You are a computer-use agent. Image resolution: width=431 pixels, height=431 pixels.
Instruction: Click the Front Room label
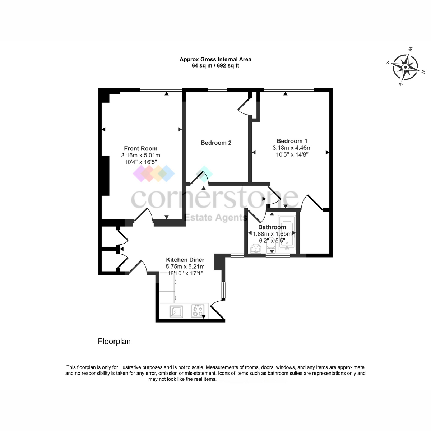pyautogui.click(x=140, y=148)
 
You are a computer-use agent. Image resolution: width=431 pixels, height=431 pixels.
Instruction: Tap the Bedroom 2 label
pyautogui.click(x=216, y=143)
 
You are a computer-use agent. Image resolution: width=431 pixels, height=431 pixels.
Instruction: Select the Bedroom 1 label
pyautogui.click(x=292, y=141)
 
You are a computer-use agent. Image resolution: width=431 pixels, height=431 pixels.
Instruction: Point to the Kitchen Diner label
pyautogui.click(x=185, y=260)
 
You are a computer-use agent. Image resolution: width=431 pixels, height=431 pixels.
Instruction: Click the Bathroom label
pyautogui.click(x=272, y=227)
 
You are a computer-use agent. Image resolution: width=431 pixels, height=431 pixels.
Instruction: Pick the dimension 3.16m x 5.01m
pyautogui.click(x=140, y=155)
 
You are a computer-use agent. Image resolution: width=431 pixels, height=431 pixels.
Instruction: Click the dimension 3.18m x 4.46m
pyautogui.click(x=292, y=148)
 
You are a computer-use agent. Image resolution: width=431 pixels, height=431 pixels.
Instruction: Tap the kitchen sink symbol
pyautogui.click(x=176, y=311)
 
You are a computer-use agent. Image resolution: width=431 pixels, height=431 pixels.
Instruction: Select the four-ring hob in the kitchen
pyautogui.click(x=198, y=311)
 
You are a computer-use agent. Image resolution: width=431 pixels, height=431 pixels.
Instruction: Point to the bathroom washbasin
pyautogui.click(x=255, y=249)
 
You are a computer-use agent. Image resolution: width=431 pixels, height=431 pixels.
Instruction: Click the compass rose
pyautogui.click(x=405, y=67)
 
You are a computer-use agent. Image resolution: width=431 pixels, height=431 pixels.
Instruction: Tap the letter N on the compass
pyautogui.click(x=423, y=72)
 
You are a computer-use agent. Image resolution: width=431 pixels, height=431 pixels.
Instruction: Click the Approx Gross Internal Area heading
pyautogui.click(x=215, y=59)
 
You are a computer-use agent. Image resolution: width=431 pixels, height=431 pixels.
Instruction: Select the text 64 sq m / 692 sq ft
pyautogui.click(x=215, y=65)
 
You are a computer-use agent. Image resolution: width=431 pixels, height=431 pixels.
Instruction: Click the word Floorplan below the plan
pyautogui.click(x=114, y=341)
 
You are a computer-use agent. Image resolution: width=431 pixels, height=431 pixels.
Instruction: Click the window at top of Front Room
pyautogui.click(x=161, y=90)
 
